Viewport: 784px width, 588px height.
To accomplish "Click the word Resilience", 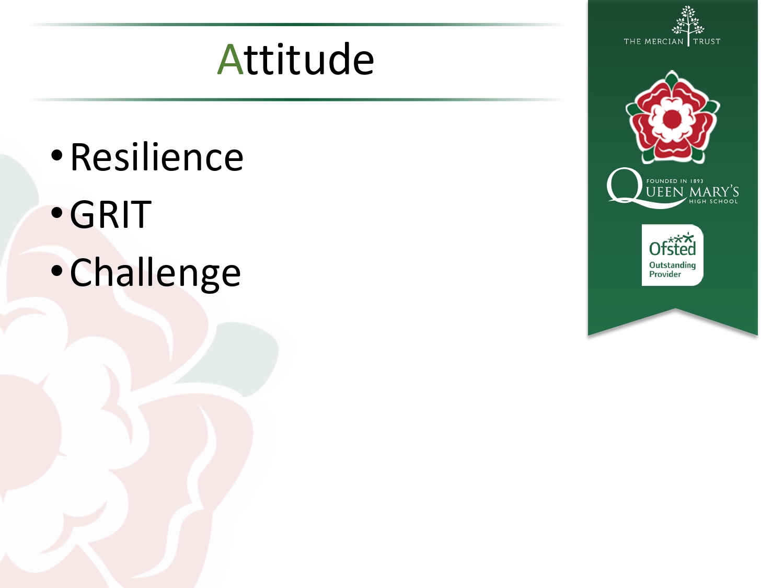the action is click(x=156, y=157).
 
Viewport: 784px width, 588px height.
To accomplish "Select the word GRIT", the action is click(x=111, y=214).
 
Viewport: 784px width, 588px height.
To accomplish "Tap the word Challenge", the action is click(x=155, y=273).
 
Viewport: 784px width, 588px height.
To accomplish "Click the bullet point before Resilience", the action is click(x=57, y=155).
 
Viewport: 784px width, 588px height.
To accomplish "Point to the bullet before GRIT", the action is click(x=57, y=213).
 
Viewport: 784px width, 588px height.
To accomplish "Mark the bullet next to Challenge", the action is click(x=57, y=270).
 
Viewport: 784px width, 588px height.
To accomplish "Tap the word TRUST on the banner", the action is click(x=707, y=41).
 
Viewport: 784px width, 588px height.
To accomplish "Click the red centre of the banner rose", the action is click(x=672, y=118).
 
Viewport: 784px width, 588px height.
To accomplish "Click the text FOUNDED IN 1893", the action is click(x=675, y=181).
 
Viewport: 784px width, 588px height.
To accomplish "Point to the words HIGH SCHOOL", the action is click(x=713, y=201).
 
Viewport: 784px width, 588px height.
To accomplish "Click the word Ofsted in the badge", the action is click(x=672, y=248).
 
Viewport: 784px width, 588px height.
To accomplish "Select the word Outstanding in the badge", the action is click(x=672, y=266).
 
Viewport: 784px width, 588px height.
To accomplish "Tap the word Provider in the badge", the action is click(x=665, y=274).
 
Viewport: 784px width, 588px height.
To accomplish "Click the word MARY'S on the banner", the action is click(x=713, y=192).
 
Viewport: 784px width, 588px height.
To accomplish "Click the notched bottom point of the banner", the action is click(x=675, y=309).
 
